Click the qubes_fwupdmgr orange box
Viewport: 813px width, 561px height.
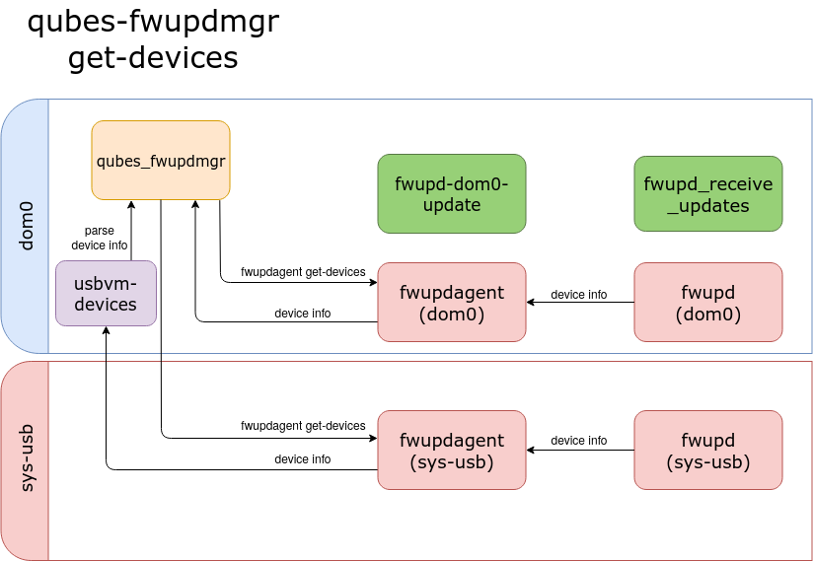click(x=161, y=160)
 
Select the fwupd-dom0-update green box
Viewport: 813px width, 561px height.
click(x=451, y=193)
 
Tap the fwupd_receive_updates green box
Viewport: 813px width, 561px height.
click(x=707, y=194)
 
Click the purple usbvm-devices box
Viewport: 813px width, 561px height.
click(x=106, y=293)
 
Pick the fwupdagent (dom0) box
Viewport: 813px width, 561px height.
click(x=451, y=302)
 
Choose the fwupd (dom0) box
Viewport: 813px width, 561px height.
click(x=707, y=302)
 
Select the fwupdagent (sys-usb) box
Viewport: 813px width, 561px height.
click(x=451, y=450)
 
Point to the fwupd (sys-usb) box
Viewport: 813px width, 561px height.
click(x=707, y=450)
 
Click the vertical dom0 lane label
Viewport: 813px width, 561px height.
click(x=26, y=226)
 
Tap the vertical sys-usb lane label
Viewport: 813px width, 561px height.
click(x=26, y=458)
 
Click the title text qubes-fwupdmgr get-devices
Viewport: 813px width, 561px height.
click(x=153, y=39)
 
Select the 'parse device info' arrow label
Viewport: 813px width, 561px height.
click(x=99, y=238)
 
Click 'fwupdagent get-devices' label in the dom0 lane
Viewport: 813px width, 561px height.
click(x=303, y=272)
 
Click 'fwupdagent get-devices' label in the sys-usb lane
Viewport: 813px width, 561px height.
click(x=303, y=426)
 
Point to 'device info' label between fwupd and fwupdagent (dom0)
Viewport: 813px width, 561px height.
click(x=578, y=295)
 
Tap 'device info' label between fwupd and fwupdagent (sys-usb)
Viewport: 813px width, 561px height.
click(x=578, y=441)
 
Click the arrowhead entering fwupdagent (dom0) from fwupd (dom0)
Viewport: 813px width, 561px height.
click(x=531, y=303)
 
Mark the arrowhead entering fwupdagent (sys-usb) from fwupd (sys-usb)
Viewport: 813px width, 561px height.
click(x=531, y=451)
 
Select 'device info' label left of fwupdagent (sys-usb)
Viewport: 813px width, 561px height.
click(x=302, y=459)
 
